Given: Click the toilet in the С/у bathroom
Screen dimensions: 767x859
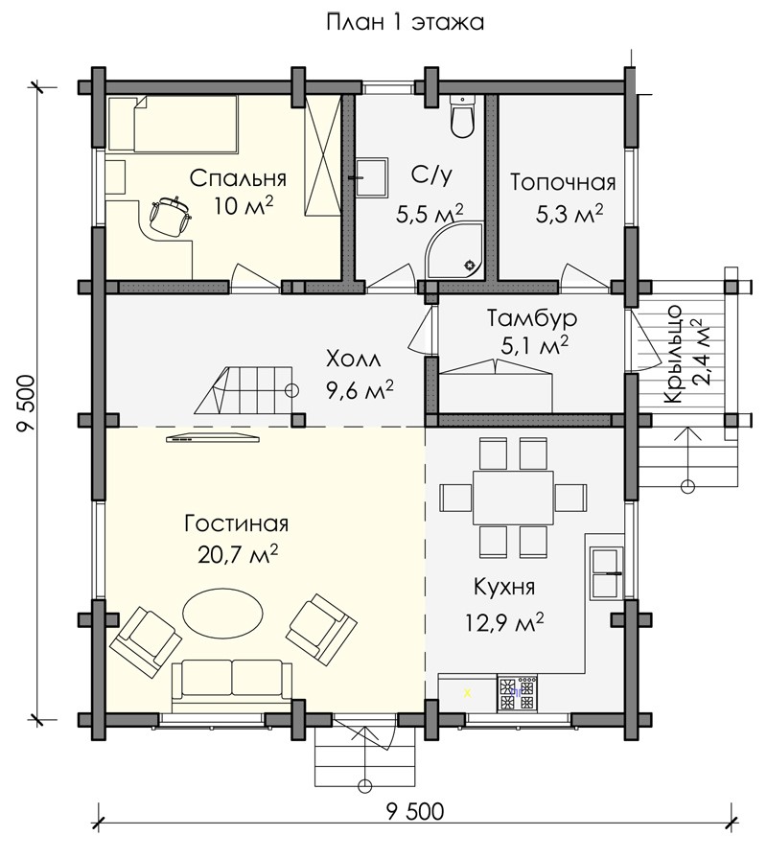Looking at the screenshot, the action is (463, 116).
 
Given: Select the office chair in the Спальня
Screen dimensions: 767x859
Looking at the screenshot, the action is (170, 217).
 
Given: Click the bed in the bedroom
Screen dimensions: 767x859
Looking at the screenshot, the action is (174, 124).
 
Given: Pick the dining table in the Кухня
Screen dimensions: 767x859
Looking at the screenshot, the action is (513, 498).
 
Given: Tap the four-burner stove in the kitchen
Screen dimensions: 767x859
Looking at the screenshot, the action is (518, 693).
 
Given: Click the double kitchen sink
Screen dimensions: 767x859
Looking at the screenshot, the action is (606, 572).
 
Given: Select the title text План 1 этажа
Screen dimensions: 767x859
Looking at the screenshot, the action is (405, 23).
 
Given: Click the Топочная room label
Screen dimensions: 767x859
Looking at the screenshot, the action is (563, 182).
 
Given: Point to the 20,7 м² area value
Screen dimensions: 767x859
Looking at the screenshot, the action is (238, 555).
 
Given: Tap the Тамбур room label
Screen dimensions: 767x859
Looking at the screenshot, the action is (532, 318).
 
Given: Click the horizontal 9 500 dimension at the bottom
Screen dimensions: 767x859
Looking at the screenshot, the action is (415, 811).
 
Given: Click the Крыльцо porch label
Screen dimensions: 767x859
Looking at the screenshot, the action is (672, 355).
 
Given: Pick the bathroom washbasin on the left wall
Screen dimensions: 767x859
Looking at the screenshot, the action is (372, 177).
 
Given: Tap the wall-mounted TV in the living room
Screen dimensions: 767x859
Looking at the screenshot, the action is (212, 437).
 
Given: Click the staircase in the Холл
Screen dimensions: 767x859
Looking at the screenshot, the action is (246, 391).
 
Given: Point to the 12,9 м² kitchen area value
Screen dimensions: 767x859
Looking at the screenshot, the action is (504, 622).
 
